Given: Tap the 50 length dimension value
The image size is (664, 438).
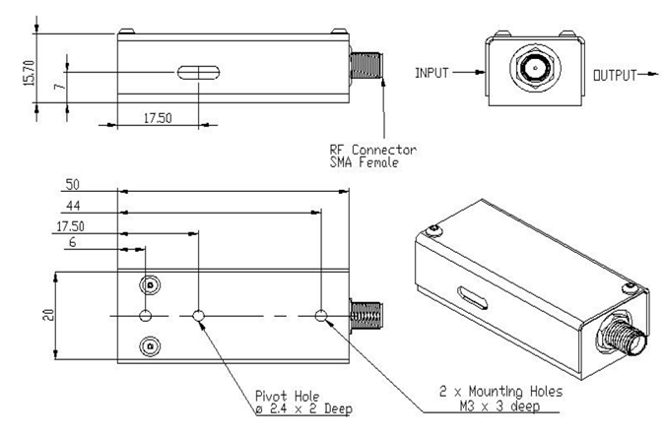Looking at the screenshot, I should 73,184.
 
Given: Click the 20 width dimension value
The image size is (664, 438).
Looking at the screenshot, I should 46,316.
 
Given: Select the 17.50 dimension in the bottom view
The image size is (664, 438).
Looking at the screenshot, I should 72,225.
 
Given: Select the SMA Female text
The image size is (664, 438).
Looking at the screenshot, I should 365,162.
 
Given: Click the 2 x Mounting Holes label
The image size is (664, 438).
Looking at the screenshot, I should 500,391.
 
